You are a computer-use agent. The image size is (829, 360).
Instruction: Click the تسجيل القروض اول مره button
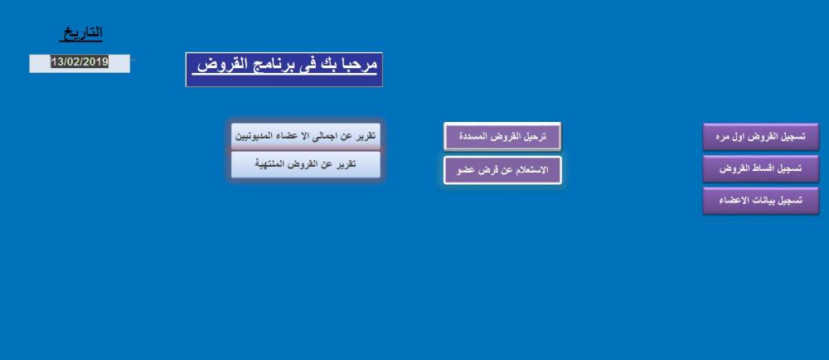[x=761, y=137]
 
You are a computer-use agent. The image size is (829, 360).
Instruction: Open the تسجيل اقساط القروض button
[x=761, y=168]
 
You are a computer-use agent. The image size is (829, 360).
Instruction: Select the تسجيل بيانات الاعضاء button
[x=761, y=201]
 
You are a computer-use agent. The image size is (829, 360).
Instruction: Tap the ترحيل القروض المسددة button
[x=502, y=136]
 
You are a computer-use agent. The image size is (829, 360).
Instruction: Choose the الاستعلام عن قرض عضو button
[x=502, y=170]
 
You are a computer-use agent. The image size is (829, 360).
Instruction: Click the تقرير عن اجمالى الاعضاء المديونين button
[x=306, y=136]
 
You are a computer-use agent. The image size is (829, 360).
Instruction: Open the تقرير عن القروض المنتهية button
[x=306, y=164]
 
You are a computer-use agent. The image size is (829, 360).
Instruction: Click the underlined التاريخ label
[x=81, y=34]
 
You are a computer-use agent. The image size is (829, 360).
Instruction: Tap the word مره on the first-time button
[x=723, y=137]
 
